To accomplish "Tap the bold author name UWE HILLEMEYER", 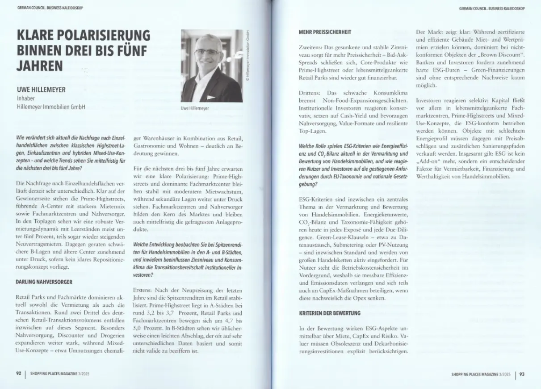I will click(x=41, y=90).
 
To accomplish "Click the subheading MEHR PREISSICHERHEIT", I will click(x=324, y=32).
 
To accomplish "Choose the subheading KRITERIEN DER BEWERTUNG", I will click(x=330, y=313).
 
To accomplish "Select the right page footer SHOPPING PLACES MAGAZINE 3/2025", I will click(x=480, y=375).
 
